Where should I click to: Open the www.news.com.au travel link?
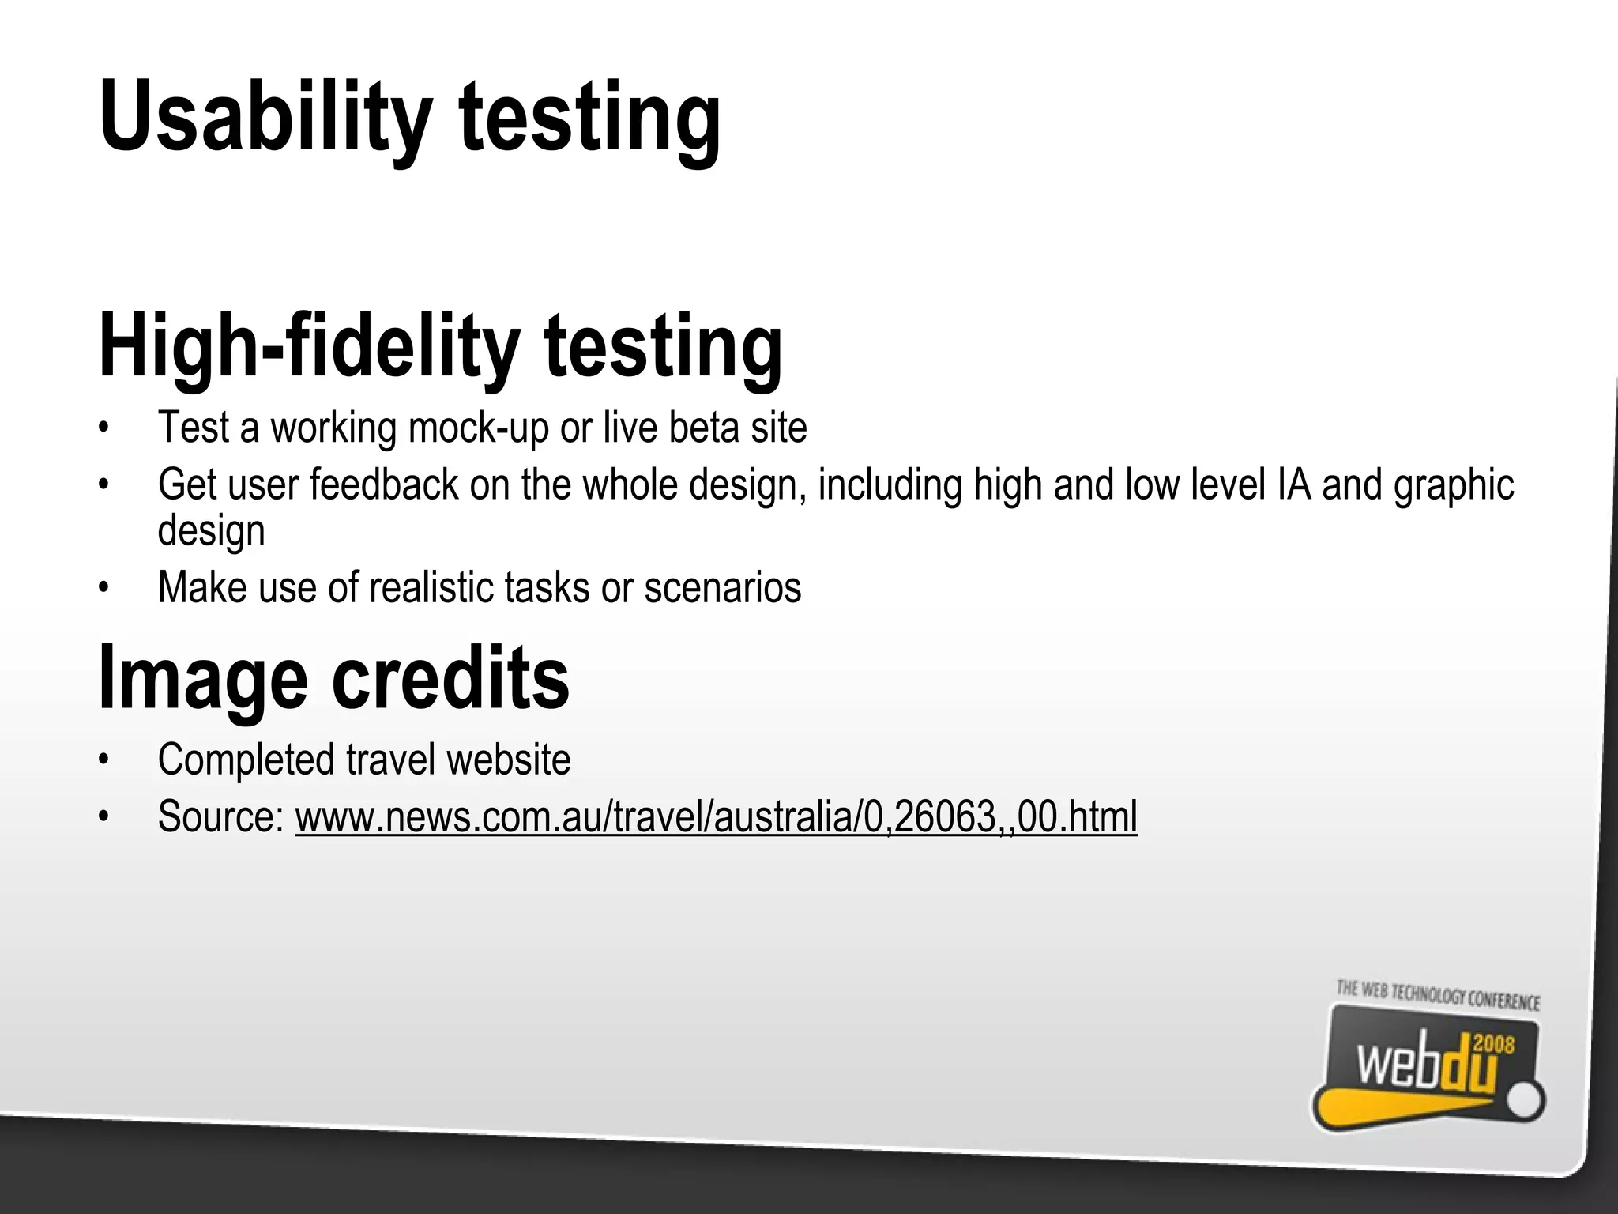click(x=716, y=816)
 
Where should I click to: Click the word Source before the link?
click(x=220, y=816)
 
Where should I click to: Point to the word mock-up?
click(x=478, y=428)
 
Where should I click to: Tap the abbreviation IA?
click(x=1293, y=484)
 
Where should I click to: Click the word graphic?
click(x=1454, y=486)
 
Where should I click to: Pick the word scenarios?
click(x=722, y=587)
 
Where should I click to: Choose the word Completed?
click(x=246, y=760)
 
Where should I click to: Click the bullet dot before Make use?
click(x=103, y=588)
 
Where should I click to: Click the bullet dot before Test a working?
click(x=103, y=428)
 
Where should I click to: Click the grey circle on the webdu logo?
click(x=1526, y=1101)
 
